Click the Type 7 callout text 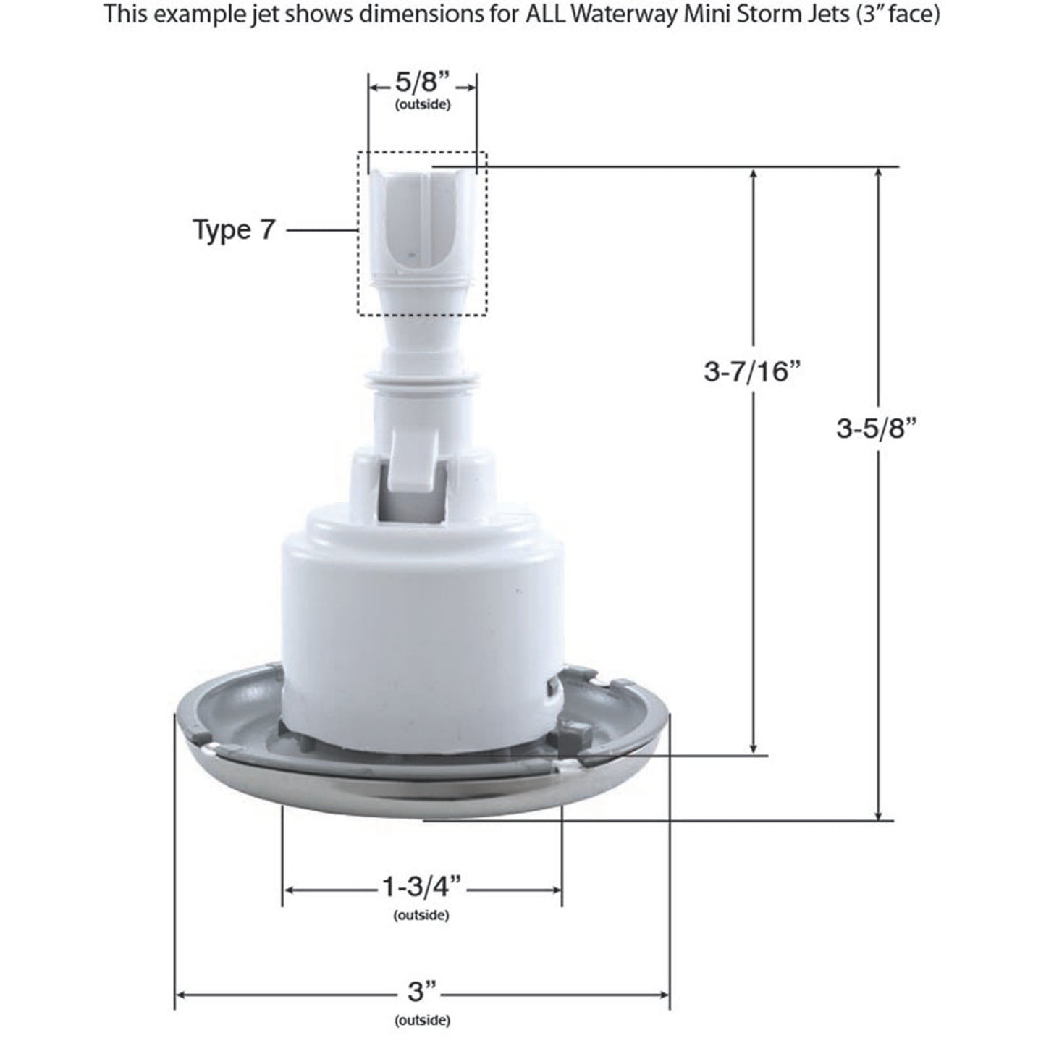tap(234, 230)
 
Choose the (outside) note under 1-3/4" tap(421, 916)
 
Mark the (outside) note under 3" tap(422, 1021)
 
